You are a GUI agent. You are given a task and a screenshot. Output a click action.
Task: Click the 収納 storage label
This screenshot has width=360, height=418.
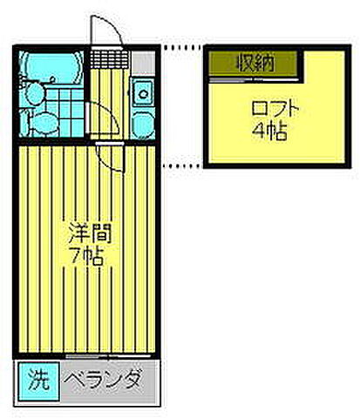click(254, 63)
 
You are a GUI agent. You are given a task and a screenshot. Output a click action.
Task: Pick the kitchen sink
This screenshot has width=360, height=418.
click(144, 90)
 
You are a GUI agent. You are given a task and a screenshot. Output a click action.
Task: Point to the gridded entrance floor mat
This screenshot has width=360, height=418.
click(109, 58)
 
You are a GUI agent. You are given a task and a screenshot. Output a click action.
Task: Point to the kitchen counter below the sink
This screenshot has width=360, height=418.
click(144, 122)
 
